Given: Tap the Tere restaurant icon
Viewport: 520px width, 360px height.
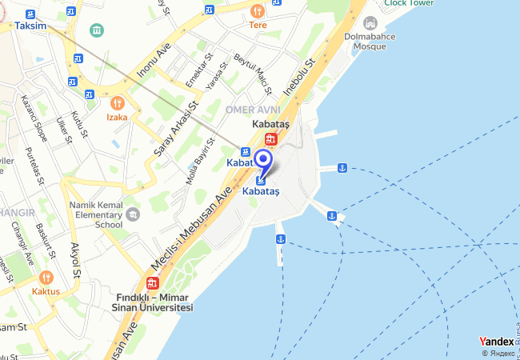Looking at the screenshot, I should pos(257,11).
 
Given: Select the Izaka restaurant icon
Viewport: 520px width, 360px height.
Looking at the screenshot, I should pos(118,102).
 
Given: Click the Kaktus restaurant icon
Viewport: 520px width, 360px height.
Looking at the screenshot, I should pos(46,278).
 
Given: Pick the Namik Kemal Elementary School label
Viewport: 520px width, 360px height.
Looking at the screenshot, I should pos(96,214).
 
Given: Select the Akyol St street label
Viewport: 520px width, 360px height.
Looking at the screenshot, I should pos(76,259).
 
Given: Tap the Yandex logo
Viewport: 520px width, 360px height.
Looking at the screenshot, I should pos(496,342).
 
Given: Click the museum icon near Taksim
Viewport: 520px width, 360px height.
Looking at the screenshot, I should pos(97,30).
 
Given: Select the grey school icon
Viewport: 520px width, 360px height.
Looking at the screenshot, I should pos(132,214).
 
